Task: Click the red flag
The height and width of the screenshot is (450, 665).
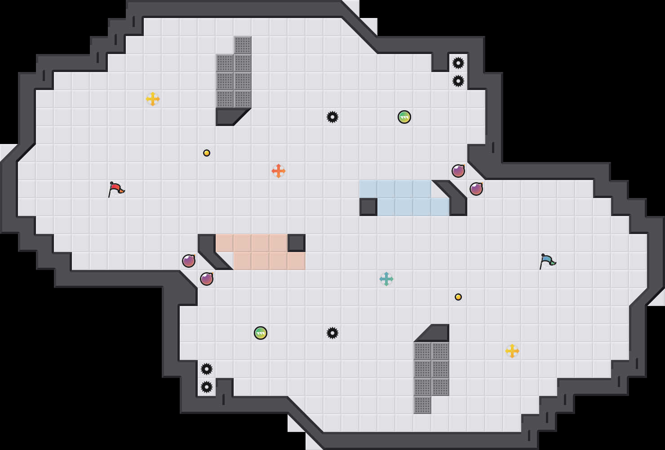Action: tap(116, 189)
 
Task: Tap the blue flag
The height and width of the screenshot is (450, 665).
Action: tap(547, 261)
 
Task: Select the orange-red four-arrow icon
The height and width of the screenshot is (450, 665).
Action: tap(279, 171)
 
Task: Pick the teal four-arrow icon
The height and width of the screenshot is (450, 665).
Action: tap(386, 279)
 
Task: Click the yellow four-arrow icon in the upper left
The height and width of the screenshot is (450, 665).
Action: tap(153, 99)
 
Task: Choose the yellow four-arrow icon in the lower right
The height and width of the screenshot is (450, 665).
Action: tap(512, 351)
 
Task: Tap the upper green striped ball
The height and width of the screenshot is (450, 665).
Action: tap(404, 117)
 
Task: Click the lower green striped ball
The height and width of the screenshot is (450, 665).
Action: tap(261, 333)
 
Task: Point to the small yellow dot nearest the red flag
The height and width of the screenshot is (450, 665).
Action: tap(207, 153)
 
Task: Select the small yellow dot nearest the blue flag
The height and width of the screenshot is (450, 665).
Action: tap(458, 297)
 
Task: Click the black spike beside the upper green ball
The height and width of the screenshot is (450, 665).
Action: tap(332, 117)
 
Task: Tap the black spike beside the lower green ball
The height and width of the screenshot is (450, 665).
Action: tap(332, 333)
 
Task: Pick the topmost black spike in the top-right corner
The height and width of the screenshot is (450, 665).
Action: tap(458, 63)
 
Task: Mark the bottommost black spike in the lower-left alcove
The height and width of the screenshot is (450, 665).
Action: tap(207, 387)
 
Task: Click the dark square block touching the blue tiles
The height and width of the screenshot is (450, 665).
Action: tap(368, 207)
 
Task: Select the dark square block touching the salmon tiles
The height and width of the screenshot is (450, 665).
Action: tap(297, 243)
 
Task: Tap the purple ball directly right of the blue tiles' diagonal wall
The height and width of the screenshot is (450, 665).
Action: tap(476, 189)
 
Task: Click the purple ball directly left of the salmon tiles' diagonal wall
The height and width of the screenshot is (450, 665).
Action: tap(189, 261)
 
